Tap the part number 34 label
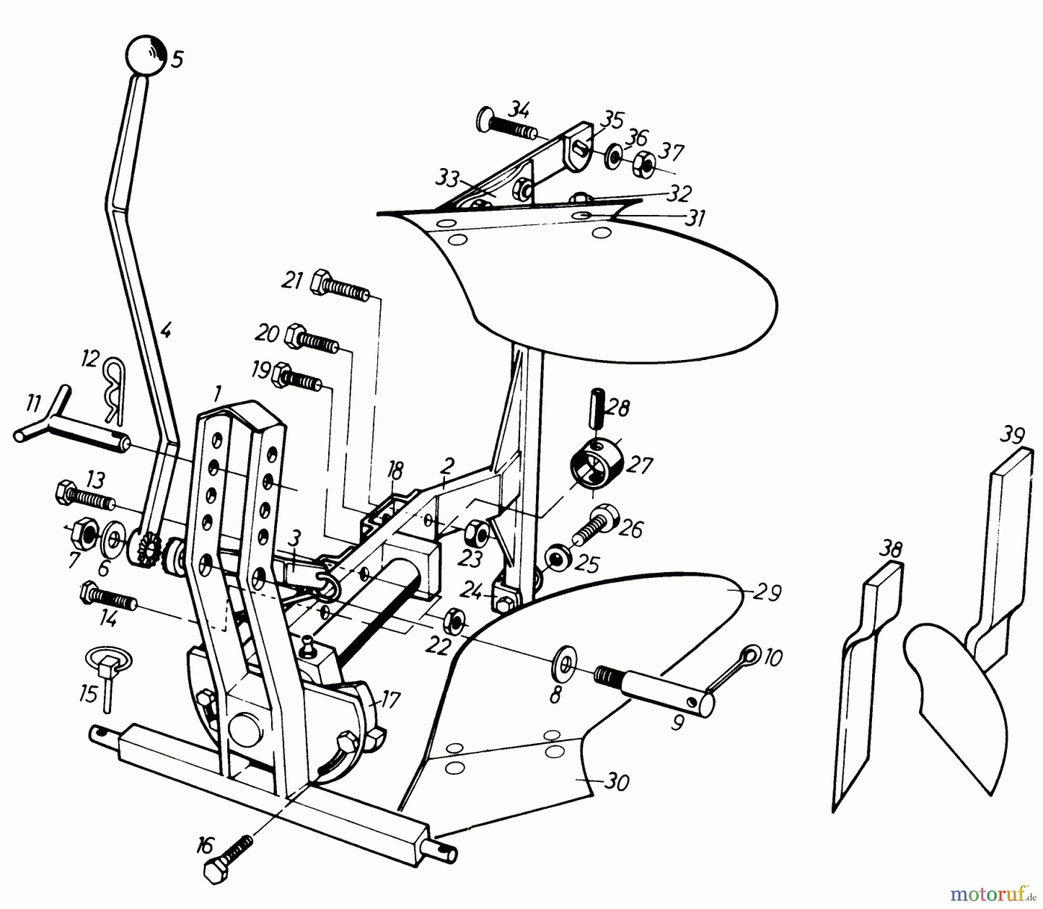click(521, 108)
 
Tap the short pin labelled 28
click(596, 409)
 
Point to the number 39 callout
click(1011, 436)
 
